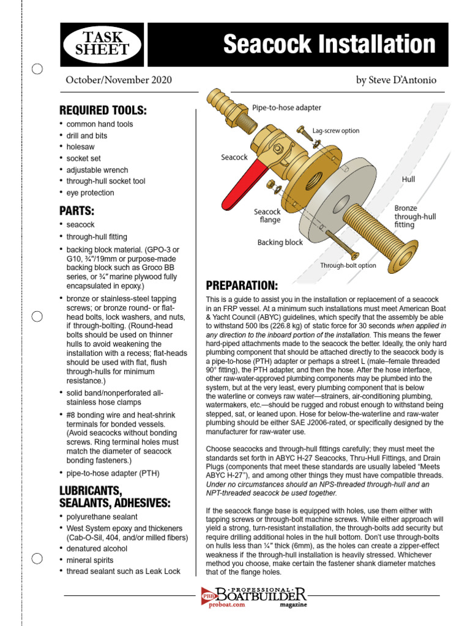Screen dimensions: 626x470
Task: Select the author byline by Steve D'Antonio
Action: point(397,80)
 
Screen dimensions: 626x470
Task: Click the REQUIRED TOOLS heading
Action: point(103,111)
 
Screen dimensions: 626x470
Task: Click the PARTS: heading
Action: point(76,211)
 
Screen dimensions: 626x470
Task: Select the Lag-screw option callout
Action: point(336,131)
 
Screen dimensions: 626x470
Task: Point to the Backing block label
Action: point(280,243)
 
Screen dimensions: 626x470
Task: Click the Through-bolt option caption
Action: point(348,265)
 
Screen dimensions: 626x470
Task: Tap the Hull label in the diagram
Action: point(408,179)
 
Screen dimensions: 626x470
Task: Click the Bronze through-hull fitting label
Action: point(414,216)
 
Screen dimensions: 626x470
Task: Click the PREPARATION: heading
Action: point(242,286)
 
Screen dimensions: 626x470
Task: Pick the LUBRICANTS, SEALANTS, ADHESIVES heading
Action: point(114,497)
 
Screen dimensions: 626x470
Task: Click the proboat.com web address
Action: point(223,605)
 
